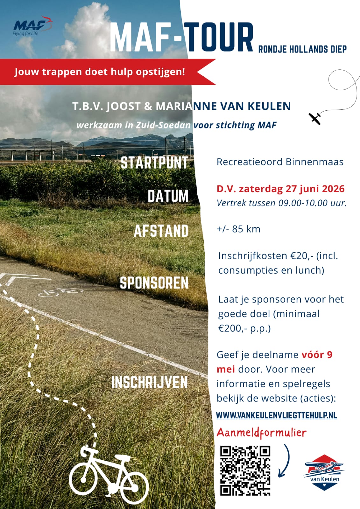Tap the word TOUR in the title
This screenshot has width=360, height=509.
219,38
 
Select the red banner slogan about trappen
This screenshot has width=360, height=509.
99,72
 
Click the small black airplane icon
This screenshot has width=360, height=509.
315,118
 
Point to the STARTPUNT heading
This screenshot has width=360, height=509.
154,163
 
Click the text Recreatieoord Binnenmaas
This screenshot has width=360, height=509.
280,162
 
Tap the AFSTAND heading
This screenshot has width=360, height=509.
161,231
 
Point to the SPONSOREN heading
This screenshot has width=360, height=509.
154,283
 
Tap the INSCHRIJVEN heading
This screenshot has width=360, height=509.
149,382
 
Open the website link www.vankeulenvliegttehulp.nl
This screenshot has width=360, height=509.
276,415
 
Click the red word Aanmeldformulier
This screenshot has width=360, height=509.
261,433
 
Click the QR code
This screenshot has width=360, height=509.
245,471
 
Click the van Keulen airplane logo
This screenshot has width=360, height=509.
324,472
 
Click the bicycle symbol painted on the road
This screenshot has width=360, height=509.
60,291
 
